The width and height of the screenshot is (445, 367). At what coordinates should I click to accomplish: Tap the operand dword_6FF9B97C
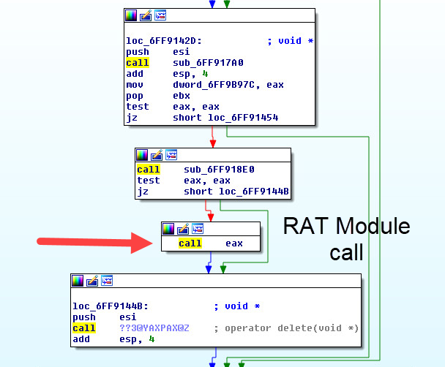(217, 85)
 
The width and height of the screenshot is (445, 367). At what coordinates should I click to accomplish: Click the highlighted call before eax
(190, 243)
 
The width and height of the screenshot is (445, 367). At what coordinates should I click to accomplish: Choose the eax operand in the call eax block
(234, 243)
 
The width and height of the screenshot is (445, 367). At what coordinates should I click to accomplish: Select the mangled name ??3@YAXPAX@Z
(154, 328)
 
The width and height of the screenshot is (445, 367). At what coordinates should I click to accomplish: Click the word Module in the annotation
(373, 226)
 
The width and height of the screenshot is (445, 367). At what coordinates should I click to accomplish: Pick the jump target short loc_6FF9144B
(236, 192)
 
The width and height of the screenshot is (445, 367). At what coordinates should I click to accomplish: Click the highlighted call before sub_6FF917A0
(137, 63)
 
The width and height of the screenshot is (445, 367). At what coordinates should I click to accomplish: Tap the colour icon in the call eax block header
(168, 229)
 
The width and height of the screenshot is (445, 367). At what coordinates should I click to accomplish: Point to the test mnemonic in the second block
(148, 181)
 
